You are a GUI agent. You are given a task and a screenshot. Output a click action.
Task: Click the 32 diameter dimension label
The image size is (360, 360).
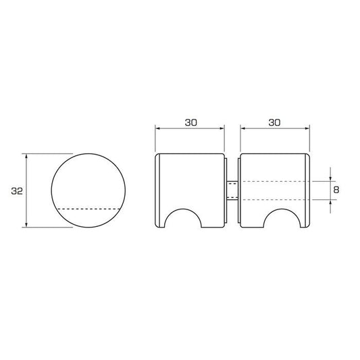click(x=17, y=190)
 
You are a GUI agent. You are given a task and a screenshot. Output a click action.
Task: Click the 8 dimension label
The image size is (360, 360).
click(x=336, y=190)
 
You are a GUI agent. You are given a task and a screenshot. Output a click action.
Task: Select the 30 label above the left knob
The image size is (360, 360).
click(x=191, y=123)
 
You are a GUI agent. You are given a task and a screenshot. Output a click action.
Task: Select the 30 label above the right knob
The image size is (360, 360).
click(x=275, y=123)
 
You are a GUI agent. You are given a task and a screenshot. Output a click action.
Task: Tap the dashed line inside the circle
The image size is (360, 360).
click(x=89, y=209)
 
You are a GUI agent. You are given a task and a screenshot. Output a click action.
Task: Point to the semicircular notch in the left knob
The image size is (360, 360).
click(x=183, y=210)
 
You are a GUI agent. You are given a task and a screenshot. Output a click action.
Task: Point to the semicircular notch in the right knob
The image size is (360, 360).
click(x=282, y=210)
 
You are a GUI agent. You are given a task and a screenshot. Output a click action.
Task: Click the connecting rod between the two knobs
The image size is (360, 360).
click(x=232, y=190)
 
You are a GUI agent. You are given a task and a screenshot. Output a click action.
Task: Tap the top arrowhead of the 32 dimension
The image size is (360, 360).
click(x=26, y=156)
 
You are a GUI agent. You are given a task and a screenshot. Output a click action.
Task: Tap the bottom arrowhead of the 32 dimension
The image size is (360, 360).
click(x=26, y=224)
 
